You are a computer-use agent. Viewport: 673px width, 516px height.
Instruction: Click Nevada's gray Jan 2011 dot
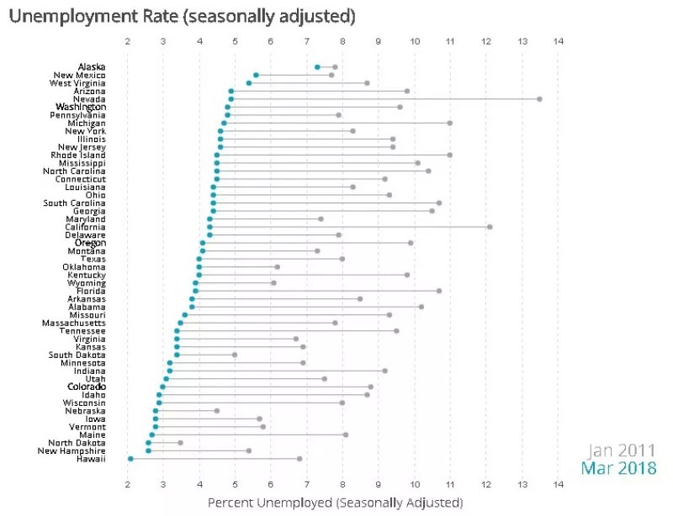tap(539, 99)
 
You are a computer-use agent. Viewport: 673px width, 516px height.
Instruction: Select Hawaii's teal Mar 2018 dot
tap(130, 458)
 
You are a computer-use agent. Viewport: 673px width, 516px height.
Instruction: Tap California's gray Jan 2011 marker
tap(490, 226)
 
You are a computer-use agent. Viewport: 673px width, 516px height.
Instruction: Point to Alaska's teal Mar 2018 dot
tap(317, 67)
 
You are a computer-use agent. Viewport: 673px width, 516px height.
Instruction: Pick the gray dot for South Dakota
tap(235, 355)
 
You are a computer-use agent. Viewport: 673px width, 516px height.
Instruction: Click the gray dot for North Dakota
tap(180, 442)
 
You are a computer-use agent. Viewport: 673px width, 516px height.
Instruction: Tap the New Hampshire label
tap(72, 450)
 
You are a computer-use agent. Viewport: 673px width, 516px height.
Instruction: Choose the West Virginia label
tap(77, 83)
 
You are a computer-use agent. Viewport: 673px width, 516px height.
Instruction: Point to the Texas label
tap(93, 259)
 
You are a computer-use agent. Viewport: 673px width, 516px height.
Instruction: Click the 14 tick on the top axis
tap(558, 40)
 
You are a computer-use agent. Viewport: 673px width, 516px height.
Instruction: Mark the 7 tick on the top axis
tap(307, 40)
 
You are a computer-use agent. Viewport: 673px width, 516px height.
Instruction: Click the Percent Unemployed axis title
tap(334, 503)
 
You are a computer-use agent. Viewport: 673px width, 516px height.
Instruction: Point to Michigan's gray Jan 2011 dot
tap(450, 123)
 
